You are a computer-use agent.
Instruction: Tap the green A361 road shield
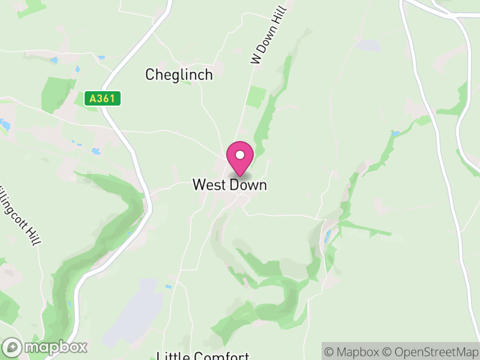coord(103,98)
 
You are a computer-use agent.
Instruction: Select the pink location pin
coord(239,158)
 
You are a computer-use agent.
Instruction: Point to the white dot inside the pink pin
coord(239,155)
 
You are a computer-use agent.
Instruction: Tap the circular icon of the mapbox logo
coord(13,347)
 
